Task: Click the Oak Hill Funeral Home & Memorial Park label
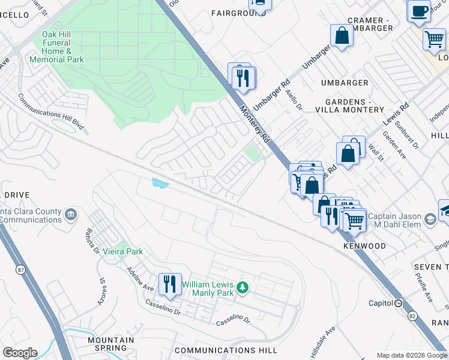63,47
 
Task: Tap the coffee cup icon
418,10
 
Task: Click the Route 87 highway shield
22,271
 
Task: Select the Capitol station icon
398,303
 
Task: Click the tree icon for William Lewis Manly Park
242,288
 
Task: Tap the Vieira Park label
122,251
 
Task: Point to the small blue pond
160,183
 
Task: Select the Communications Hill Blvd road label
50,112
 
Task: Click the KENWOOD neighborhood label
364,246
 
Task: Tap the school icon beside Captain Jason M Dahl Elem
430,220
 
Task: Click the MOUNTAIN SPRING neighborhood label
110,344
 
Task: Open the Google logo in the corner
20,353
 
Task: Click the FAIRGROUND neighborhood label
239,13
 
